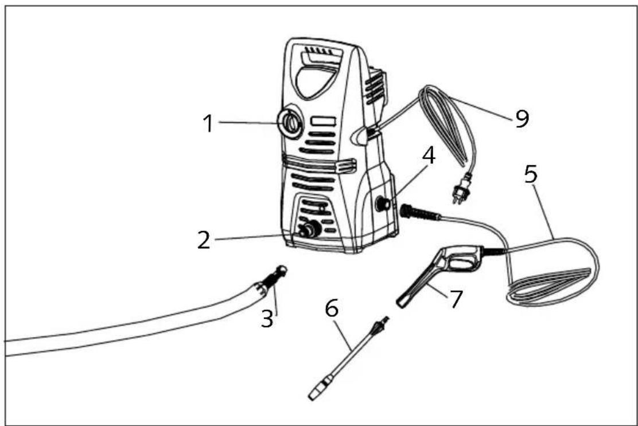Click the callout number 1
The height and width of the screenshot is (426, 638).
[208, 123]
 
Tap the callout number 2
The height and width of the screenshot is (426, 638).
[204, 240]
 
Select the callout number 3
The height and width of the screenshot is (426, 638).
[267, 319]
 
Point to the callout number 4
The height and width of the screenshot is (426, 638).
[429, 156]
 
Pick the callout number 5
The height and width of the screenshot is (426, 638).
[531, 174]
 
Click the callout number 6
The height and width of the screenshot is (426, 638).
[332, 308]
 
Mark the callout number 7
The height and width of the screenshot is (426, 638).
[456, 299]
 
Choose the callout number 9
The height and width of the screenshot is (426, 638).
[522, 118]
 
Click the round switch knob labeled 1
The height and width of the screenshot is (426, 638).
[290, 122]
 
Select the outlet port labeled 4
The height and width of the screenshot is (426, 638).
[383, 203]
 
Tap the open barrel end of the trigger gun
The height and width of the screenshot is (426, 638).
[402, 303]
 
